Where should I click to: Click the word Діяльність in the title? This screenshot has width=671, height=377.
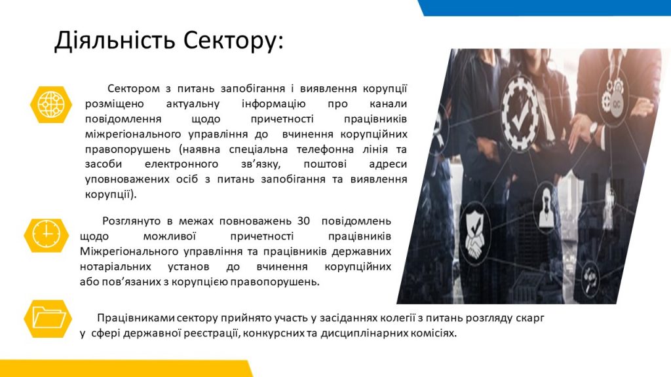(x=115, y=41)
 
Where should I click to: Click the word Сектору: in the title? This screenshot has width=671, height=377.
(x=234, y=41)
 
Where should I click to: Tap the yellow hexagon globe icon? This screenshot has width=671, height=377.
(x=51, y=104)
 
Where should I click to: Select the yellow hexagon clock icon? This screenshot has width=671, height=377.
(x=47, y=235)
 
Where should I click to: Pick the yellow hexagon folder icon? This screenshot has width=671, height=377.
(x=48, y=319)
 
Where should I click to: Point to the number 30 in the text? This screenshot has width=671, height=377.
(x=303, y=221)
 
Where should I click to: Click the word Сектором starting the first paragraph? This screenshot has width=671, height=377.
(x=133, y=88)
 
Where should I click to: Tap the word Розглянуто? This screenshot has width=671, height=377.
(x=131, y=221)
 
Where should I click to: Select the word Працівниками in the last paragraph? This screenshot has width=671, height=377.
(x=135, y=318)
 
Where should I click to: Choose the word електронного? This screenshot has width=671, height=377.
(x=182, y=164)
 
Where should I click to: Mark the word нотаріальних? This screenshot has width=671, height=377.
(x=115, y=267)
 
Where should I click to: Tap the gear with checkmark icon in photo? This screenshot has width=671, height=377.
(x=520, y=113)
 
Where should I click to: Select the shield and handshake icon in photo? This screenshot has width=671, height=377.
(x=474, y=234)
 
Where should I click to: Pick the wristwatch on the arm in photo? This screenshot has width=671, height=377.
(x=593, y=128)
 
